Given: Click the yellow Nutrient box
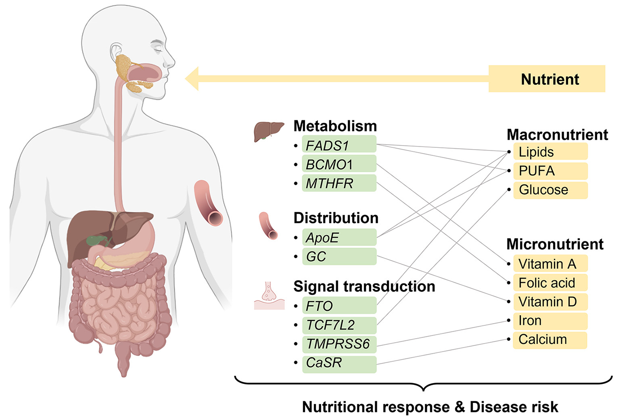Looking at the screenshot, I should (x=546, y=79).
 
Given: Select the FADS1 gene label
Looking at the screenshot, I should (x=339, y=145).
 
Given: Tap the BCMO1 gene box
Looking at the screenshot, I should (x=339, y=164).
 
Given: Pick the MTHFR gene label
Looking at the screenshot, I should (x=339, y=183).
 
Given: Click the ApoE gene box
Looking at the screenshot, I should (x=339, y=237).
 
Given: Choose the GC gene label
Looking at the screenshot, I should (x=339, y=257).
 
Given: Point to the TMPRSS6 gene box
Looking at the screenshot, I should (x=339, y=344).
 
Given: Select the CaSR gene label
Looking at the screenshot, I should (x=339, y=363).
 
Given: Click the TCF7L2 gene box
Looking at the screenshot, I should (x=339, y=325).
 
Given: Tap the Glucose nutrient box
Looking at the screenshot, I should (x=550, y=190).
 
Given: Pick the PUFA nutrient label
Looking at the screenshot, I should (x=550, y=171).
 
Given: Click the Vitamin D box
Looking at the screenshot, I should (x=550, y=302).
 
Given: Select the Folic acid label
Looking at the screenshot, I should (x=550, y=283).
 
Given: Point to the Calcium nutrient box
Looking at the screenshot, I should (x=550, y=340).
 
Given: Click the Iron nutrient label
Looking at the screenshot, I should (x=550, y=320).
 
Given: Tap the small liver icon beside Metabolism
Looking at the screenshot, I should (x=268, y=131).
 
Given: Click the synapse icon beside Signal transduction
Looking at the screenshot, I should (x=269, y=296).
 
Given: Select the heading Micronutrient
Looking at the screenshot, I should (x=554, y=244).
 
